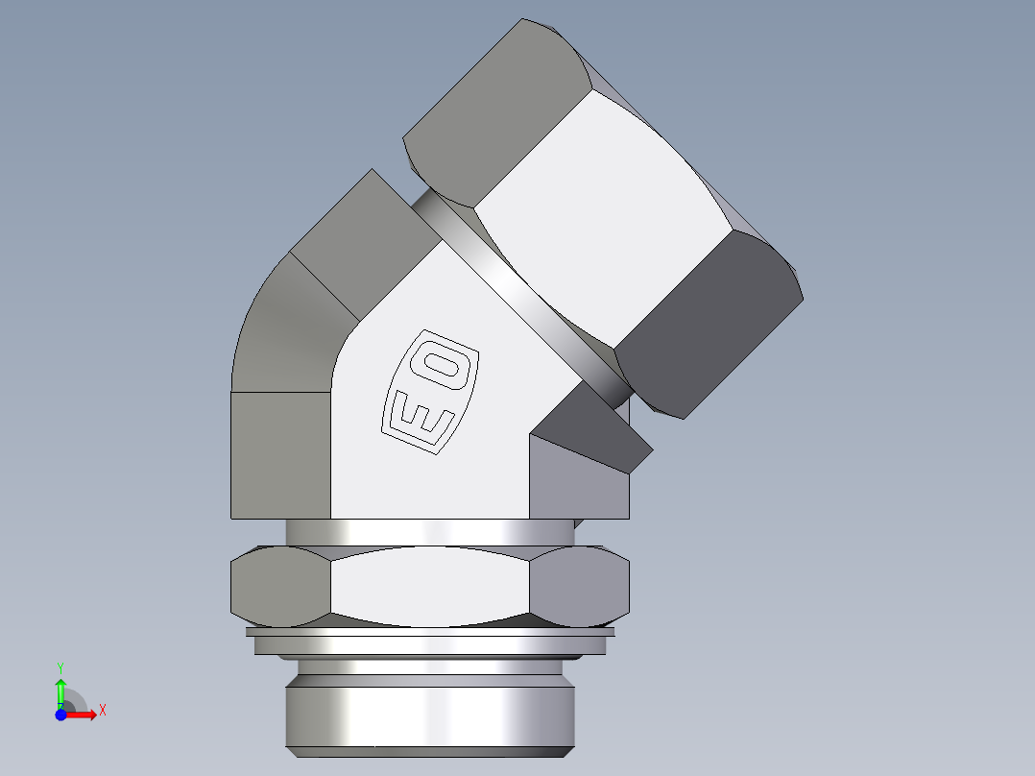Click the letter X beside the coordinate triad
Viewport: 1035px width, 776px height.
[x=103, y=711]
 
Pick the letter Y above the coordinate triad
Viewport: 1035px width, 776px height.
[x=60, y=667]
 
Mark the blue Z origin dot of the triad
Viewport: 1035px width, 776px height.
[x=60, y=714]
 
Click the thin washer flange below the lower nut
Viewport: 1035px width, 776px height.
[x=429, y=644]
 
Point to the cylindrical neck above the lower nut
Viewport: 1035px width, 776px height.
[x=429, y=532]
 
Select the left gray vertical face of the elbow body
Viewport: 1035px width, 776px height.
[x=280, y=456]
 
